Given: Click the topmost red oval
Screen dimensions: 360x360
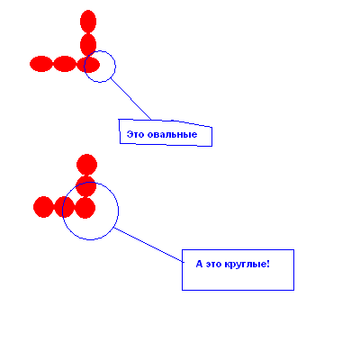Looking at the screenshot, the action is pyautogui.click(x=88, y=22).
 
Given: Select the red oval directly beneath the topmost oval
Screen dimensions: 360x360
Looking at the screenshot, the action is pyautogui.click(x=88, y=45).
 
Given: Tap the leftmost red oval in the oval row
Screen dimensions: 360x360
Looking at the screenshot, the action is pyautogui.click(x=41, y=64).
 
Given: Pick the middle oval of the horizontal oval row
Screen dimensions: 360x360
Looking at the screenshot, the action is pyautogui.click(x=65, y=64).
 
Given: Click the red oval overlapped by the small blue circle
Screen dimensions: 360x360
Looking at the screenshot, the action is pyautogui.click(x=88, y=65).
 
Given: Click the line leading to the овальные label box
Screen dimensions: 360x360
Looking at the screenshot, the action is pyautogui.click(x=130, y=99).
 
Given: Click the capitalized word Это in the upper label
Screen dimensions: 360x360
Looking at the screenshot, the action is pyautogui.click(x=136, y=134).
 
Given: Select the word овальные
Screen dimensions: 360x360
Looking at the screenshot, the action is pyautogui.click(x=173, y=134).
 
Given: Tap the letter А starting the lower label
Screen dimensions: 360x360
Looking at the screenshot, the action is pyautogui.click(x=199, y=265).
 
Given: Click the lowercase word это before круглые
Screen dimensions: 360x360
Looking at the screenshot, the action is pyautogui.click(x=213, y=265).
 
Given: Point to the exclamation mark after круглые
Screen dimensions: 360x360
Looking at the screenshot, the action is pyautogui.click(x=268, y=264).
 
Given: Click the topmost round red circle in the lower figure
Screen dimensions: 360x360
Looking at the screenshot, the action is pyautogui.click(x=86, y=165).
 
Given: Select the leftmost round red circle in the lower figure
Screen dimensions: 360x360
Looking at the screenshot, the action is pyautogui.click(x=43, y=207).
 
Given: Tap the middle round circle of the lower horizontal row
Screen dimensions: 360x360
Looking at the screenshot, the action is pyautogui.click(x=65, y=207).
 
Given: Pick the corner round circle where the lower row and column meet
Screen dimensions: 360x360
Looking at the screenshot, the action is pyautogui.click(x=85, y=208).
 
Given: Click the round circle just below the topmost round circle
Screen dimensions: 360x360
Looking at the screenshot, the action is pyautogui.click(x=85, y=186).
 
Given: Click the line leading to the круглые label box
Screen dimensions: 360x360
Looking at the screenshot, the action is pyautogui.click(x=148, y=245).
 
